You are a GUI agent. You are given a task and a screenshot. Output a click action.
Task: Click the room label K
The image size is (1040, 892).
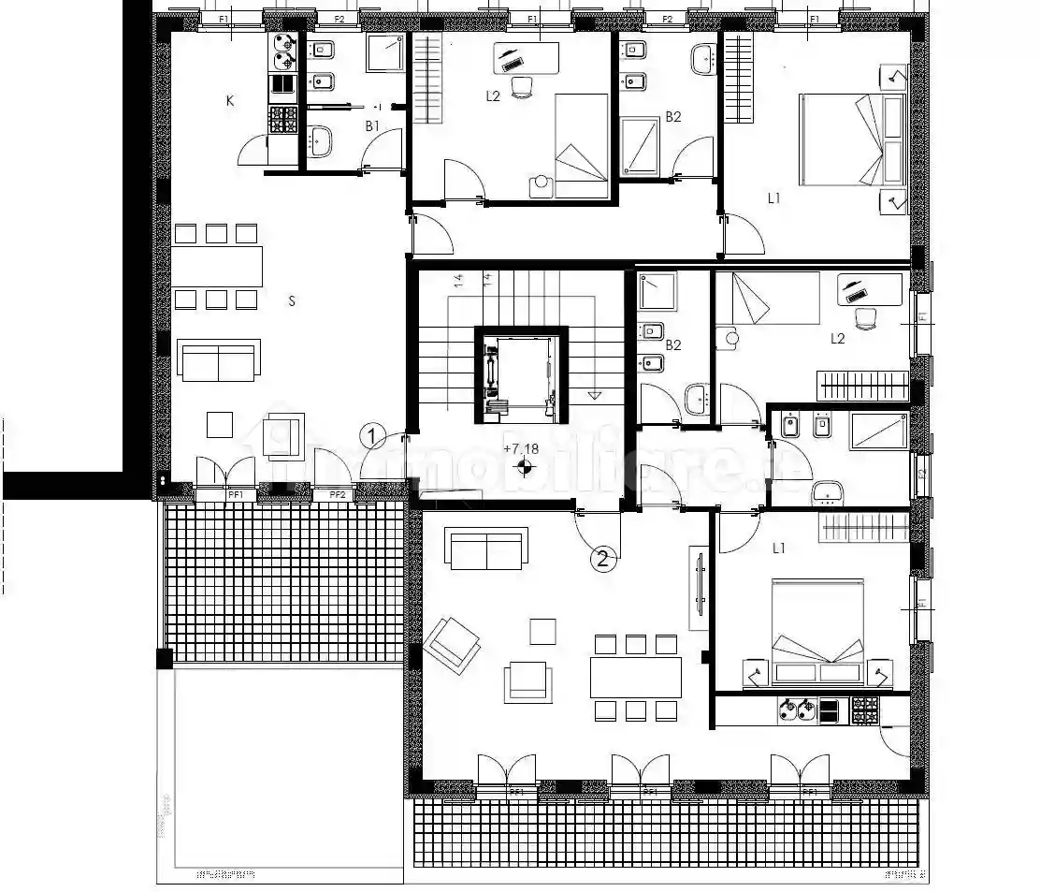tap(229, 101)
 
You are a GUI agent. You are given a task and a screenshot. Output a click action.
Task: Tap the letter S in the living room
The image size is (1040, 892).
tap(293, 301)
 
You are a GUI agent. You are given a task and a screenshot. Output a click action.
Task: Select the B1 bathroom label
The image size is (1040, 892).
tap(372, 125)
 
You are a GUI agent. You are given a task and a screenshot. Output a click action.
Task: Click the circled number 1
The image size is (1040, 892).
tap(372, 435)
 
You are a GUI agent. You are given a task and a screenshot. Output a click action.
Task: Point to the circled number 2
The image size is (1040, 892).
tap(603, 560)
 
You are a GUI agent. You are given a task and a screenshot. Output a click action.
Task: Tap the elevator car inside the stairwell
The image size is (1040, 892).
tap(520, 373)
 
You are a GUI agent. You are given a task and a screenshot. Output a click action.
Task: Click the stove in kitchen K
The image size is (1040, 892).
tap(283, 119)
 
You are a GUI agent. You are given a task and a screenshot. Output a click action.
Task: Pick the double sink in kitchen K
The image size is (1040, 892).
tap(283, 52)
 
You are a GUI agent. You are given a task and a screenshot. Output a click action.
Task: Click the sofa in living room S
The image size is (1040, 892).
tap(218, 362)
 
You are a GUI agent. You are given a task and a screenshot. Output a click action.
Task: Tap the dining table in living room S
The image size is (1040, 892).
tap(218, 267)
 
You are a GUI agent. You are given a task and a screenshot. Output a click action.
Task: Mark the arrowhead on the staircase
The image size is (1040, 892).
tap(594, 395)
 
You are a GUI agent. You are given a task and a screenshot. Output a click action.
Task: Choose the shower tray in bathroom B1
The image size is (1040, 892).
tap(384, 52)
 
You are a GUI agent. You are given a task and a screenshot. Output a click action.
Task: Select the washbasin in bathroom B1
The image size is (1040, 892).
tap(322, 141)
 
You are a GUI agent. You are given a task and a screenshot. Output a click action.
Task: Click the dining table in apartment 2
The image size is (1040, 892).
tap(635, 677)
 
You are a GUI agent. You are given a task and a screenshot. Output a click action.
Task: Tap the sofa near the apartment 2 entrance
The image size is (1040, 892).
tap(486, 548)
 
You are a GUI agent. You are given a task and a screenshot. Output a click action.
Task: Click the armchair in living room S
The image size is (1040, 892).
tap(283, 436)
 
